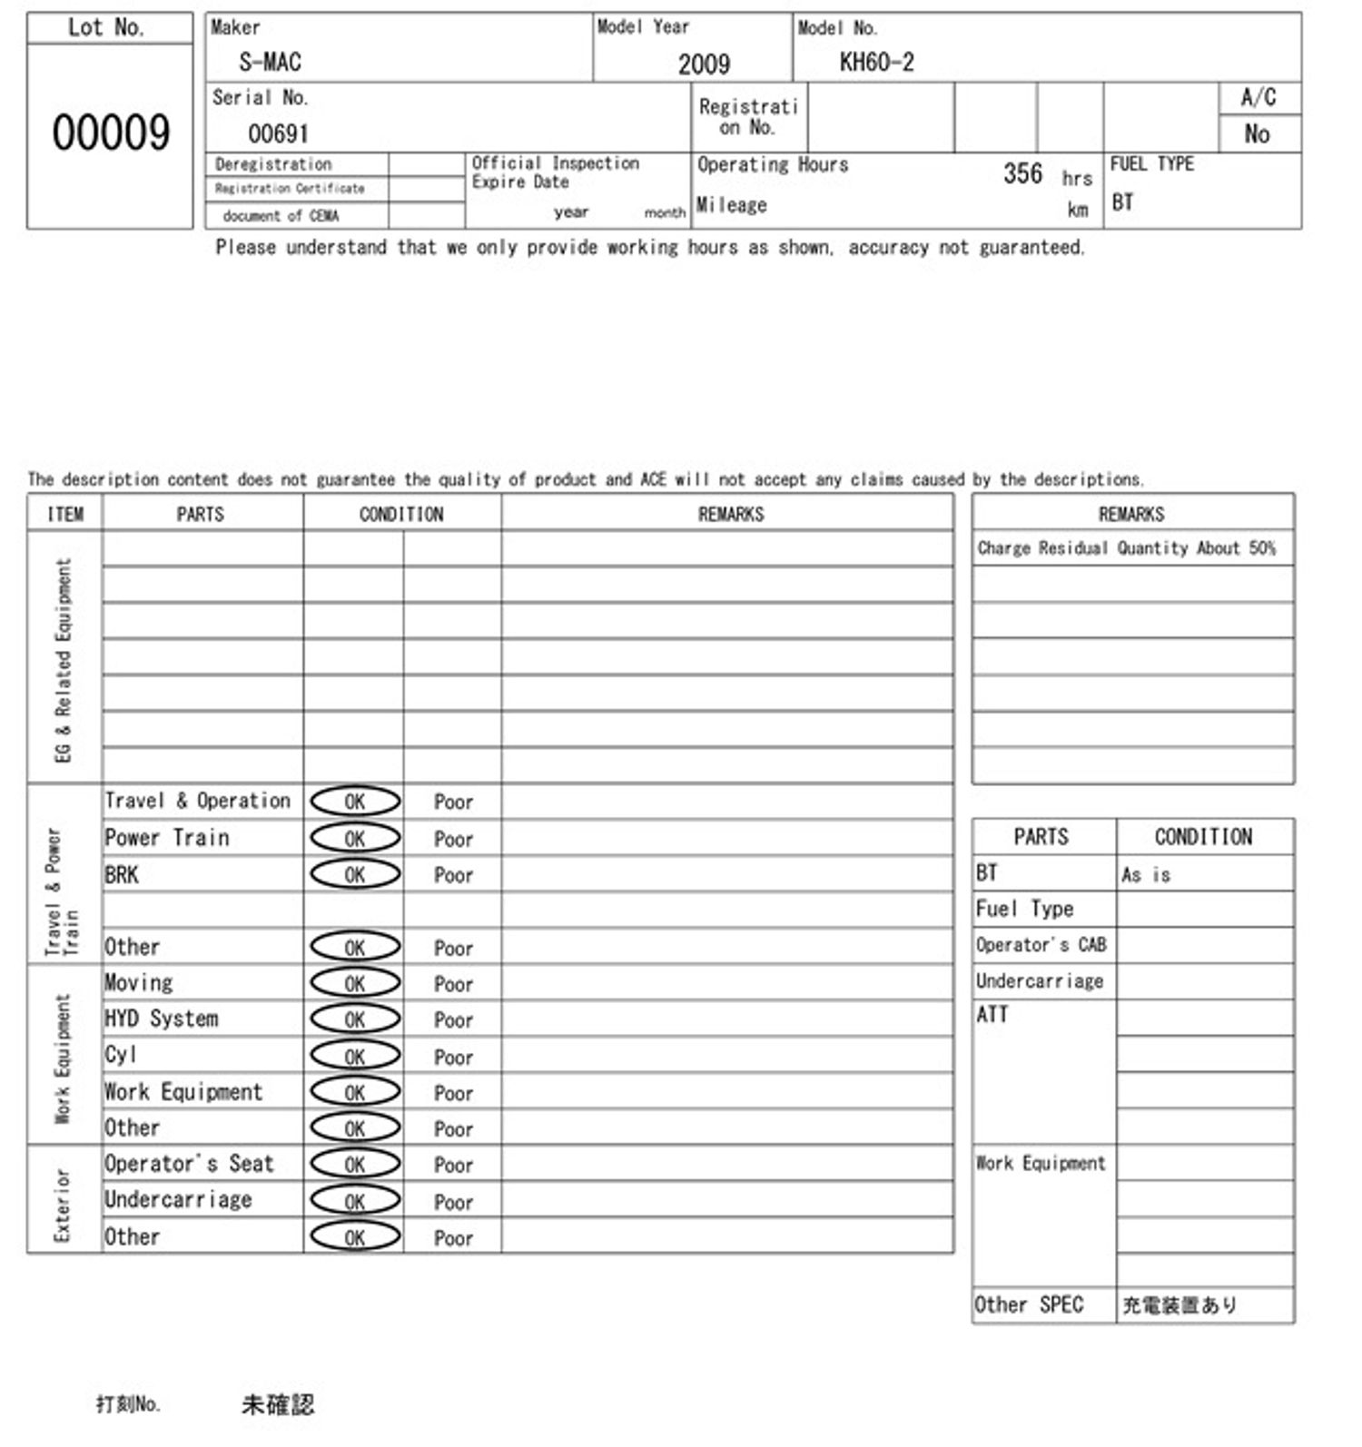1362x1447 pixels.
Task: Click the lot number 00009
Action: pyautogui.click(x=111, y=133)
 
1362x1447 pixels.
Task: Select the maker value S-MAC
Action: pyautogui.click(x=270, y=62)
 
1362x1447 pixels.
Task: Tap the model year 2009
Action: pyautogui.click(x=704, y=64)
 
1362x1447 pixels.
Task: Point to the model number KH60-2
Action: pyautogui.click(x=876, y=62)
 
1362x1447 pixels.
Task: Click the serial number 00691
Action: pyautogui.click(x=278, y=133)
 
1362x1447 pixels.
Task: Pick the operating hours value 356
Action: pyautogui.click(x=1022, y=173)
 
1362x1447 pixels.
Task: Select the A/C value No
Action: pyautogui.click(x=1257, y=133)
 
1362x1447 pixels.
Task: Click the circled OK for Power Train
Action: pyautogui.click(x=355, y=838)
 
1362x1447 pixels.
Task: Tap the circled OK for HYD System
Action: pyautogui.click(x=355, y=1019)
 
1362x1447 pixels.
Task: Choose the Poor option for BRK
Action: pyautogui.click(x=453, y=875)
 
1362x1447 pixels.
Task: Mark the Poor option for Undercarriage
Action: pyautogui.click(x=453, y=1202)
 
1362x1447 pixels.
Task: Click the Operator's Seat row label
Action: pyautogui.click(x=189, y=1164)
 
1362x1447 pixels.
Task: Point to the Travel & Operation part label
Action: pyautogui.click(x=198, y=801)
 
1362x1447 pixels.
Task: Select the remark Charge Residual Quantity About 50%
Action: pyautogui.click(x=1126, y=548)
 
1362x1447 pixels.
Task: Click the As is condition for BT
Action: pyautogui.click(x=1146, y=875)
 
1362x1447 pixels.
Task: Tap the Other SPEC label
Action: pyautogui.click(x=1029, y=1305)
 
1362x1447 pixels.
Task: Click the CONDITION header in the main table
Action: pyautogui.click(x=401, y=515)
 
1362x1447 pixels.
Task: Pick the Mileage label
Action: pyautogui.click(x=732, y=205)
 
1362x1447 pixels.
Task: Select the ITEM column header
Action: pyautogui.click(x=65, y=515)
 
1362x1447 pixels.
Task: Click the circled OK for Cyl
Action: pyautogui.click(x=355, y=1056)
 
